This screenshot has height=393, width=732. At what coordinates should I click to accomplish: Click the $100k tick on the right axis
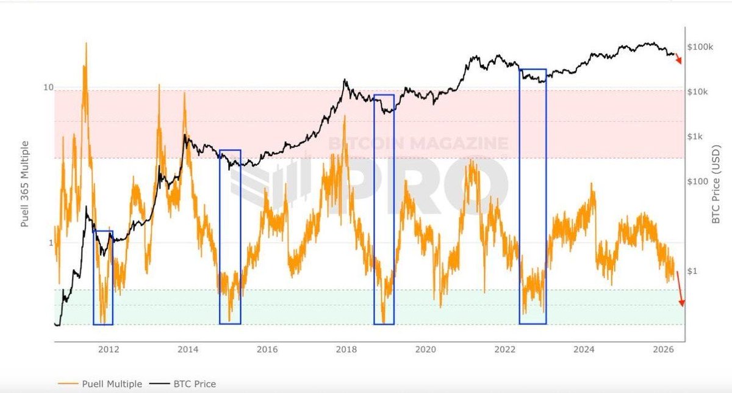(700, 47)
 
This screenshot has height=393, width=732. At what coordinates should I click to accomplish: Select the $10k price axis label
(698, 92)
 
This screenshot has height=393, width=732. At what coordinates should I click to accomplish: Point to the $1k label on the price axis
(696, 137)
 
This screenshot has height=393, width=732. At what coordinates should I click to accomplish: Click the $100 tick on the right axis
(697, 182)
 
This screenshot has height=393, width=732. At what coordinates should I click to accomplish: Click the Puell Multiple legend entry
(101, 384)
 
